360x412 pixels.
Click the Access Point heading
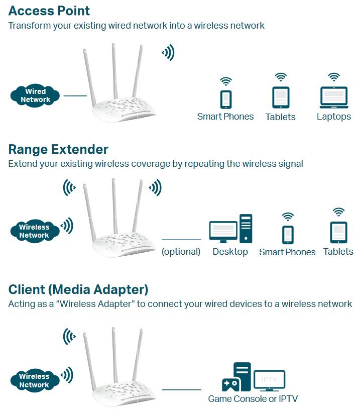pyautogui.click(x=49, y=11)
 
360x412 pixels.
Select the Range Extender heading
pyautogui.click(x=58, y=149)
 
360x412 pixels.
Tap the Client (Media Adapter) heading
pyautogui.click(x=78, y=289)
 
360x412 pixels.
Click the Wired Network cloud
pyautogui.click(x=36, y=95)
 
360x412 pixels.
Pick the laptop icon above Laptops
pyautogui.click(x=334, y=97)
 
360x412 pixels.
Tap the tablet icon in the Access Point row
pyautogui.click(x=281, y=97)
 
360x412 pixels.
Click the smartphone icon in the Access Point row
pyautogui.click(x=226, y=98)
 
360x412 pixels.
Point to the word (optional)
pyautogui.click(x=181, y=252)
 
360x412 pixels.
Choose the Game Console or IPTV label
pyautogui.click(x=253, y=399)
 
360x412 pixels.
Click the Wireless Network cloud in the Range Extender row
pyautogui.click(x=34, y=231)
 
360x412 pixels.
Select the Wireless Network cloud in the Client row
pyautogui.click(x=34, y=380)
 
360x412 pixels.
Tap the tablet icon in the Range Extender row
pyautogui.click(x=338, y=232)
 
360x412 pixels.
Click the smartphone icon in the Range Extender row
pyautogui.click(x=288, y=235)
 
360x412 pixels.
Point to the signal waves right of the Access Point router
pyautogui.click(x=168, y=52)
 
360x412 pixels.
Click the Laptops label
pyautogui.click(x=334, y=117)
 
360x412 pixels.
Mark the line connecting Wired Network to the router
pyautogui.click(x=75, y=95)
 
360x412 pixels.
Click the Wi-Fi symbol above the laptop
pyautogui.click(x=334, y=77)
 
